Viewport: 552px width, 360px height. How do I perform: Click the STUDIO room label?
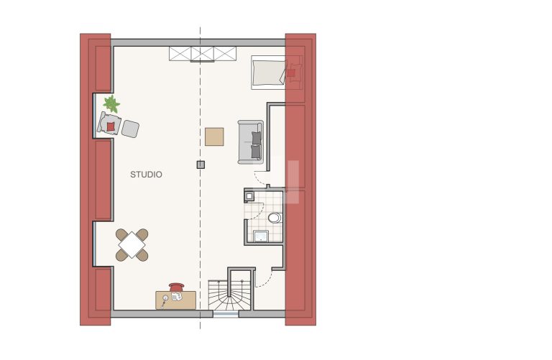pos(146,175)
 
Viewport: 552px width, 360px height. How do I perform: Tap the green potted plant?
pos(111,103)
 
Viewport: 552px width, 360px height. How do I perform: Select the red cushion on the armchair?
pos(111,126)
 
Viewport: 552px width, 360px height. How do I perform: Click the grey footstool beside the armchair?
pos(130,129)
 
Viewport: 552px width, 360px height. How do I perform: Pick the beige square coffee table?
pos(214,137)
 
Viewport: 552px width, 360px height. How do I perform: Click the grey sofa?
pos(251,142)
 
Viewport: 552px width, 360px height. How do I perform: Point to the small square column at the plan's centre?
pos(201,165)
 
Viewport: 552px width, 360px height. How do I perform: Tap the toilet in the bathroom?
pos(275,218)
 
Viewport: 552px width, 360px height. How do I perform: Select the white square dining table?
pos(132,244)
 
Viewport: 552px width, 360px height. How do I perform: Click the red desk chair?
pos(177,287)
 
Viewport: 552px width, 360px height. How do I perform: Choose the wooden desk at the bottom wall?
pos(175,300)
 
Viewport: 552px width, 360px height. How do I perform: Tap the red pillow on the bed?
pos(291,73)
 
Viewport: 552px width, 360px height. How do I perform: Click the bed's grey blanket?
pos(269,73)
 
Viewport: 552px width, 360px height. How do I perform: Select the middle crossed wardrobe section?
pos(203,53)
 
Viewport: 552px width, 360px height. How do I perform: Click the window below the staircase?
pos(226,314)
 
